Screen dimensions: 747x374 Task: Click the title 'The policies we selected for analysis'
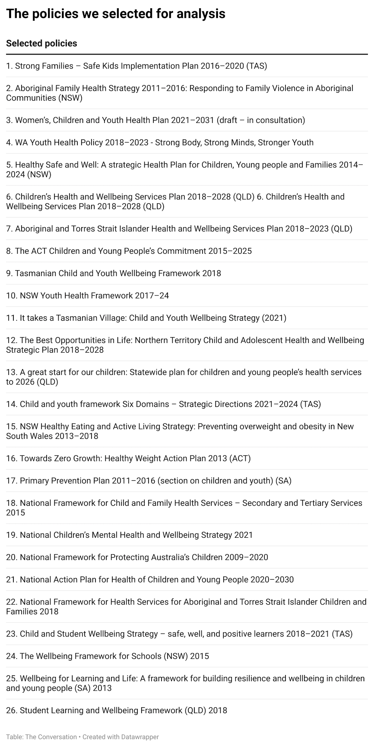coord(116,14)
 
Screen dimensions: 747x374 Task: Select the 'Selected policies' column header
coord(41,43)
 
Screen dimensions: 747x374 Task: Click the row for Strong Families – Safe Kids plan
coord(136,66)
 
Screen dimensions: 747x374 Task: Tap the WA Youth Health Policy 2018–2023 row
coord(160,142)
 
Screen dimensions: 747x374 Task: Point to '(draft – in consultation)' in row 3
coord(261,120)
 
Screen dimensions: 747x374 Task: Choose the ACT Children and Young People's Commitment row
coord(129,251)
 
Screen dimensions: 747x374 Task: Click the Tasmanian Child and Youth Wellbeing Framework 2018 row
coord(113,273)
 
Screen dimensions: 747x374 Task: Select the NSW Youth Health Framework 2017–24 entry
coord(87,296)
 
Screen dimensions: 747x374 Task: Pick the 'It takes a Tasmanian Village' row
coord(146,318)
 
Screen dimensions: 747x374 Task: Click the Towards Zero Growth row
coord(128,458)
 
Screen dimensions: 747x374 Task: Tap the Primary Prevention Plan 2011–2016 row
coord(149,480)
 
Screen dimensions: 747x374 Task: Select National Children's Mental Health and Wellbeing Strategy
coord(129,535)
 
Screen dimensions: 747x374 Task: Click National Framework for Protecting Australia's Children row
coord(137,557)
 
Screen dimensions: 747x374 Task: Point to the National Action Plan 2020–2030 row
coord(150,579)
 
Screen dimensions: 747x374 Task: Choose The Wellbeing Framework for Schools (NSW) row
coord(107,656)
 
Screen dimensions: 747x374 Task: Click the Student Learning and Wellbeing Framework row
coord(116,710)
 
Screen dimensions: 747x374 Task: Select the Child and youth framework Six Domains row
coord(163,404)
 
